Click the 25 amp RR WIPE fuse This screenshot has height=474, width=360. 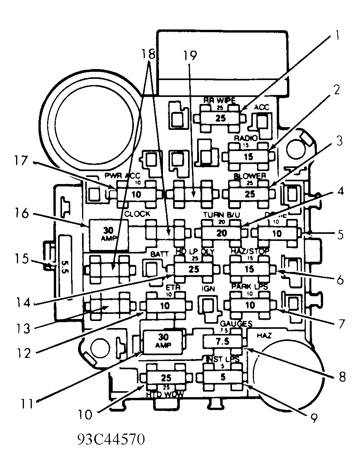[x=220, y=118]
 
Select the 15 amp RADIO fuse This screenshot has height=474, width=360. [x=248, y=157]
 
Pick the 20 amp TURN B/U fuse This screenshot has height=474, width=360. [x=221, y=233]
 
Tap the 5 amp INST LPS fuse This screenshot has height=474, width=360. [x=222, y=377]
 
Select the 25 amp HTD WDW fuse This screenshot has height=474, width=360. [x=166, y=377]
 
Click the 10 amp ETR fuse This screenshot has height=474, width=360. [x=165, y=305]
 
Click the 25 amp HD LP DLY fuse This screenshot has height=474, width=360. [x=194, y=269]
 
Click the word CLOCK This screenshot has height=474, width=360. [x=137, y=214]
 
